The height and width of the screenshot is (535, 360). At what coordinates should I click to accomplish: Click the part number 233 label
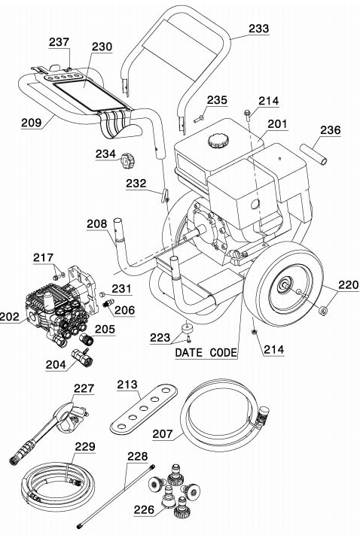coord(258,29)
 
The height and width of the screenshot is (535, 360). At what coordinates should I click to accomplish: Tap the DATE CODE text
coord(206,352)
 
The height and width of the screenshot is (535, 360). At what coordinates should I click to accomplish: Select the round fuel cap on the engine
coord(217,140)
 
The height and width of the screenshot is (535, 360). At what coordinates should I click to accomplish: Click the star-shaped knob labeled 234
coord(127,160)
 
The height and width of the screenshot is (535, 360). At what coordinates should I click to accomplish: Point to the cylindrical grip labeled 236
coord(313,155)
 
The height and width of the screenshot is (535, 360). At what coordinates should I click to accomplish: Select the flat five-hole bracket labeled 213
coord(143,409)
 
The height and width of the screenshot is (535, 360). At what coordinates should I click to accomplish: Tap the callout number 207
coord(163,433)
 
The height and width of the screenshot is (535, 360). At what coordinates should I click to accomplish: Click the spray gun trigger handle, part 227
coord(70,415)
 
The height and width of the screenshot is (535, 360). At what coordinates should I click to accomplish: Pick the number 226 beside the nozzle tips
coord(144,509)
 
